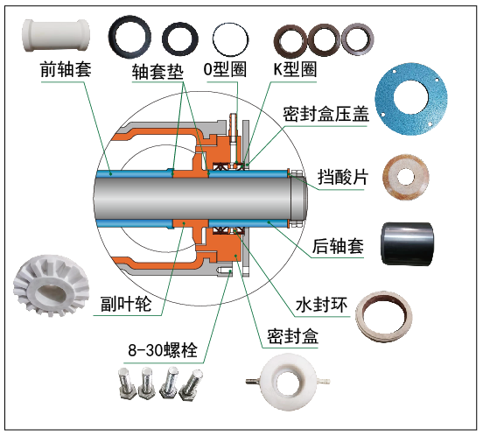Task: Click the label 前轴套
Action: [x=66, y=69]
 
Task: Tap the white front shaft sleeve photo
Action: [x=56, y=35]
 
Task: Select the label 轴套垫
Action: [x=157, y=72]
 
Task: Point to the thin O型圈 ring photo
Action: [x=230, y=39]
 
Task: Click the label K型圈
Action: [x=295, y=69]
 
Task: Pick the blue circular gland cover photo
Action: [x=411, y=98]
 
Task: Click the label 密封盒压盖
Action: [x=325, y=114]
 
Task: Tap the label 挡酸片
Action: [x=343, y=177]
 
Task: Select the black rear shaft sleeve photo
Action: [x=407, y=243]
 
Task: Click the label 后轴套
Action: [x=338, y=246]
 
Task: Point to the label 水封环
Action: [x=321, y=305]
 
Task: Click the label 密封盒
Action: [x=292, y=335]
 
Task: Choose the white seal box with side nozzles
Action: [x=288, y=382]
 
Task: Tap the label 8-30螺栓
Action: [x=163, y=350]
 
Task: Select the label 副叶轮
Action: [x=126, y=304]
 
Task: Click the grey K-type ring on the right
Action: [x=357, y=39]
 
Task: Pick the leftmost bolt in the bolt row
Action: [x=127, y=383]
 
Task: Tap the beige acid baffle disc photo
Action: [x=406, y=177]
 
